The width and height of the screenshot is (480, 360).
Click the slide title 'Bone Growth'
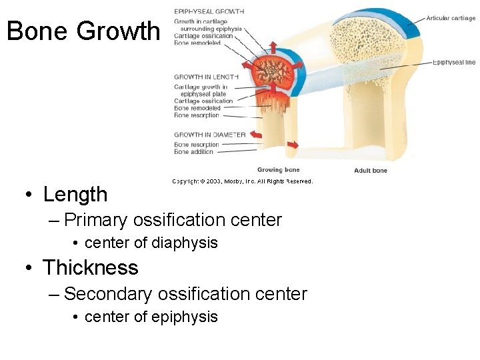[x=83, y=31]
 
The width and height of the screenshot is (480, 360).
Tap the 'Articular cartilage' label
[x=451, y=19]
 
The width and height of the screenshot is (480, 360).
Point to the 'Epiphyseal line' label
[x=454, y=63]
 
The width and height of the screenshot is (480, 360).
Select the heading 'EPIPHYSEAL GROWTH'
[x=209, y=11]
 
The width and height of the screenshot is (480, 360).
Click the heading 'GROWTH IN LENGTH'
[x=206, y=77]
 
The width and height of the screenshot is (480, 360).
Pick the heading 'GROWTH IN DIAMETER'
[x=209, y=135]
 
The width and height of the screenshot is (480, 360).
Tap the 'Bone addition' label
[x=194, y=152]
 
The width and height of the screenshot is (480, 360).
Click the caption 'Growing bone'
[x=279, y=170]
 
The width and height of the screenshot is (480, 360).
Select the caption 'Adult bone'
[x=370, y=171]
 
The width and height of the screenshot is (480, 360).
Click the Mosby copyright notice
[x=242, y=181]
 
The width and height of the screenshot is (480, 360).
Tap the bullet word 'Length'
[x=75, y=195]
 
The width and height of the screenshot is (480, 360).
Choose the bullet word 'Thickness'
[x=90, y=268]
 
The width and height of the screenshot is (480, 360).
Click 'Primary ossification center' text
[x=173, y=220]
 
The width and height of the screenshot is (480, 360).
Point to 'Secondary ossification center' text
[x=185, y=293]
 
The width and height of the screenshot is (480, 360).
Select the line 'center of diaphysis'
[x=151, y=243]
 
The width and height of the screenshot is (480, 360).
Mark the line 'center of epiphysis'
[x=151, y=317]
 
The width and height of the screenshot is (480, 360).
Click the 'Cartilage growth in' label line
[x=201, y=87]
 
